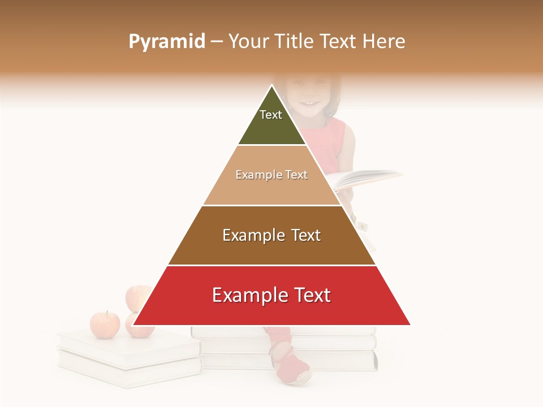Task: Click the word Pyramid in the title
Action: point(166,42)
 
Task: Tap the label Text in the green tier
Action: point(271,115)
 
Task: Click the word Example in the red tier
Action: point(247,295)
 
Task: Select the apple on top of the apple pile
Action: point(137,297)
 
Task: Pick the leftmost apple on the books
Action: point(105,324)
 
